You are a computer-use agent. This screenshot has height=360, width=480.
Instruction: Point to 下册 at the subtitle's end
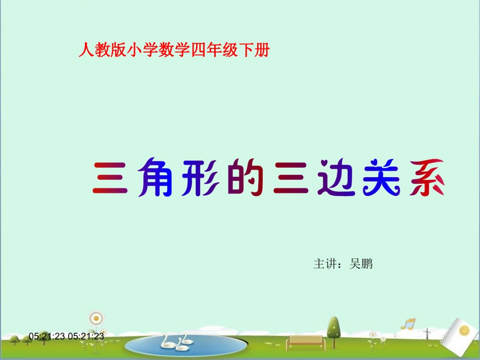click(x=257, y=51)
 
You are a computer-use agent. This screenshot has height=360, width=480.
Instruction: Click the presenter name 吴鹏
click(x=361, y=264)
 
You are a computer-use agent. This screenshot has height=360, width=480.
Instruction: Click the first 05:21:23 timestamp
click(x=47, y=336)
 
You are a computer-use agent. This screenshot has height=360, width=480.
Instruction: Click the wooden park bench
click(x=304, y=342)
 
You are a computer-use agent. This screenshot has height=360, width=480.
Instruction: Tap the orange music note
click(x=407, y=324)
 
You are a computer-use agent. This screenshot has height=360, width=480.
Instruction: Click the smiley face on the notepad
click(x=463, y=331)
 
